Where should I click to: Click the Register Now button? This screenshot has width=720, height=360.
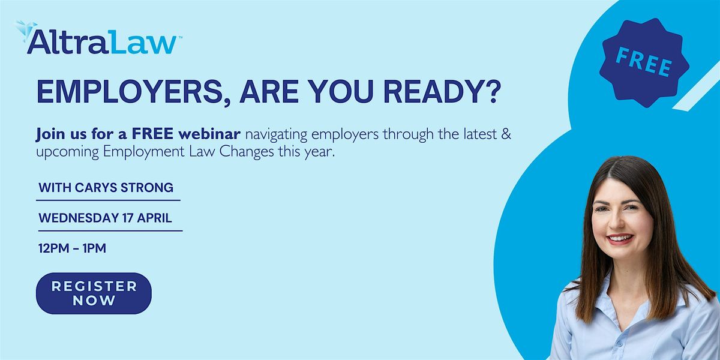[x=94, y=293]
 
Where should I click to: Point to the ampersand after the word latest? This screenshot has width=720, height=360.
[x=506, y=134]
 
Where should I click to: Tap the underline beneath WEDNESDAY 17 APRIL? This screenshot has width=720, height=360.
[x=110, y=230]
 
